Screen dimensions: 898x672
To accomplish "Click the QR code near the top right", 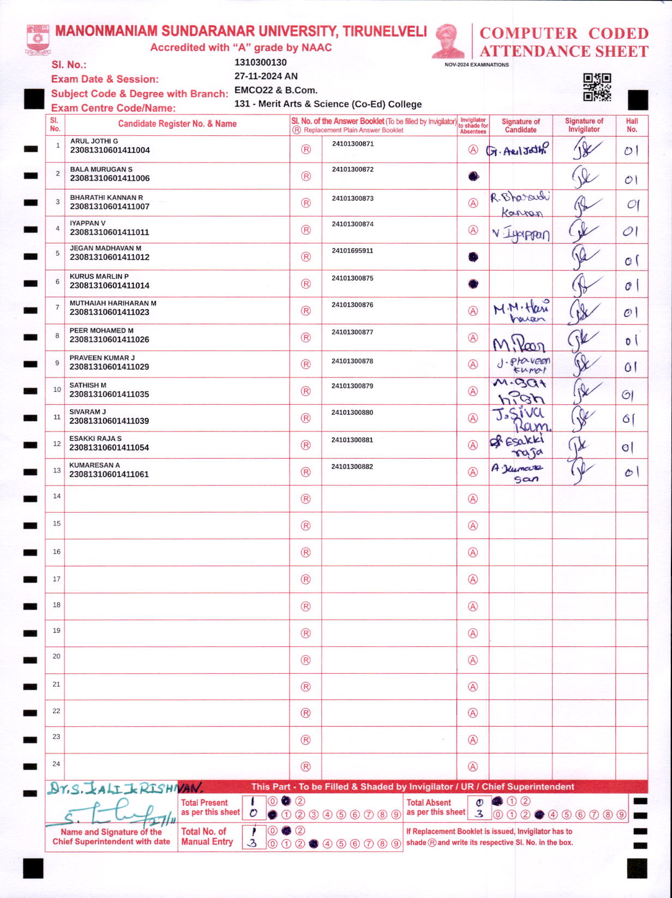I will [597, 87].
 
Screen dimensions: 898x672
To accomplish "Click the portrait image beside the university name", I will [448, 41].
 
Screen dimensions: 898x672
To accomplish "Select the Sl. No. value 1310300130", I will [260, 63].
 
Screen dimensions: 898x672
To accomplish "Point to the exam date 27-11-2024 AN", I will [266, 76].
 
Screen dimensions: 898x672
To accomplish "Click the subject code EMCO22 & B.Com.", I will [276, 90].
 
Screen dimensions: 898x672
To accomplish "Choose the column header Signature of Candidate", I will [520, 125].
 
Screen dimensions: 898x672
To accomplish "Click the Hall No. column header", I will [632, 125].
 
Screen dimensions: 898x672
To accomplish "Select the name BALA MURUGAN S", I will [101, 169].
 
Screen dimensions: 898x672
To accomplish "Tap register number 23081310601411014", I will [109, 285].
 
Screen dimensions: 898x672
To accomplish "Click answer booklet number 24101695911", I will [352, 251].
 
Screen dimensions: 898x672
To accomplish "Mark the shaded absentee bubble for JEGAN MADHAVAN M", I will [473, 257].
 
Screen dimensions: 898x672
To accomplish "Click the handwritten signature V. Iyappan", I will [520, 235].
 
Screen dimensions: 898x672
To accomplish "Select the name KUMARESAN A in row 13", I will [94, 465].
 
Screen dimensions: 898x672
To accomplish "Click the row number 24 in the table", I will [56, 764].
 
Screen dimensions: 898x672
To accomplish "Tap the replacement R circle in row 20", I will [306, 660].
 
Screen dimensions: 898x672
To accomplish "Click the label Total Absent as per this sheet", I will [436, 807].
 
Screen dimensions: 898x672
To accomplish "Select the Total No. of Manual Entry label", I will [207, 836].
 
